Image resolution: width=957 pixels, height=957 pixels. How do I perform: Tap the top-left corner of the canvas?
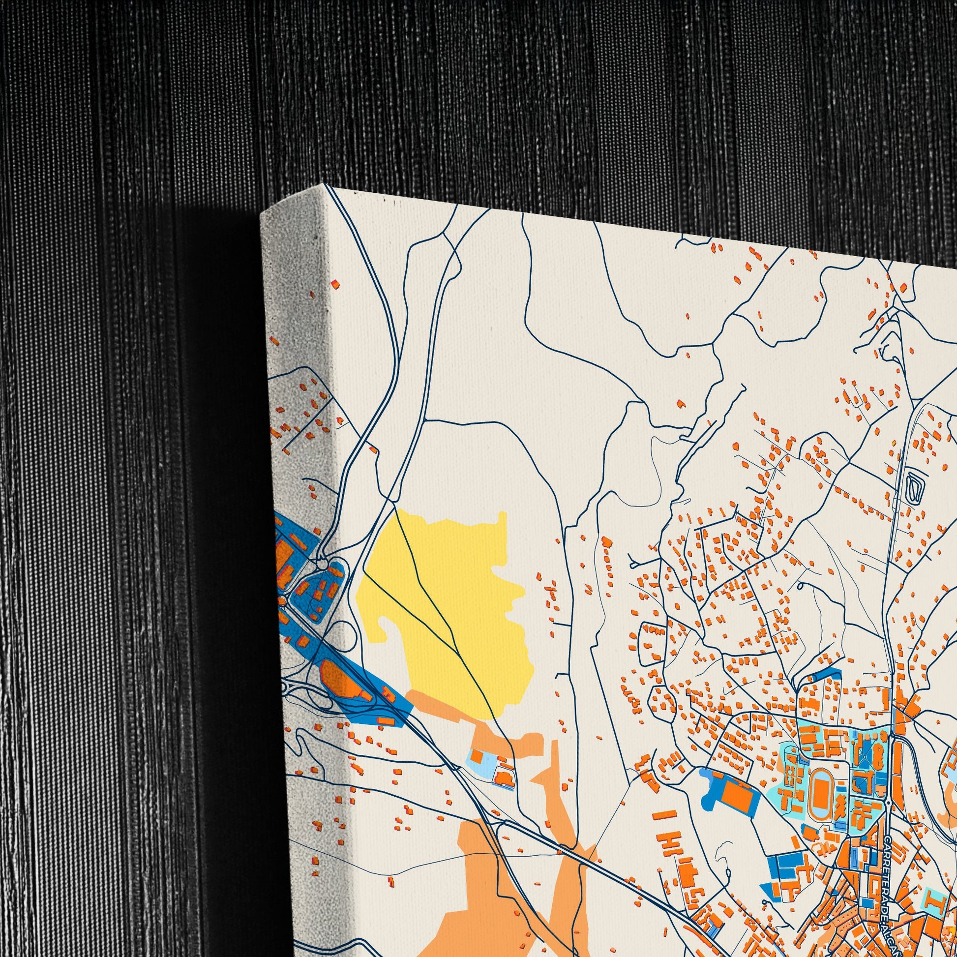[x=326, y=184]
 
